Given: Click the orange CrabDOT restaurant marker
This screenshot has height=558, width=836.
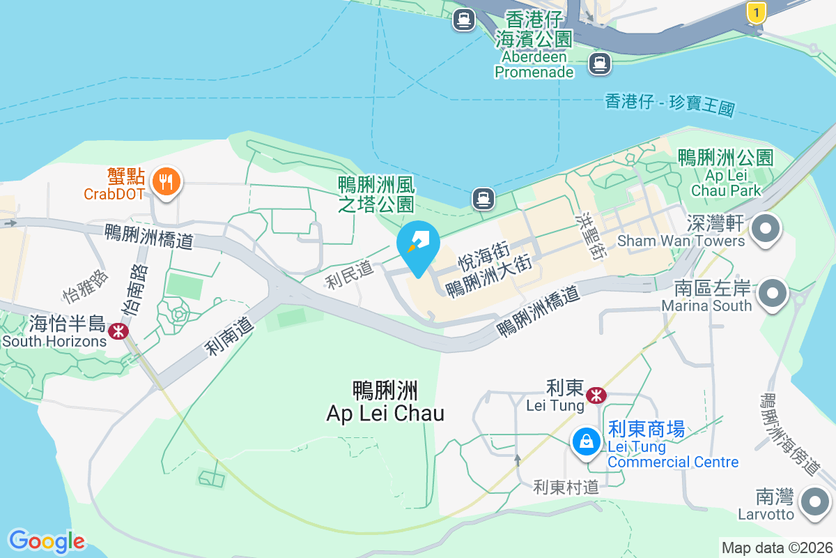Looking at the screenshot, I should tap(166, 182).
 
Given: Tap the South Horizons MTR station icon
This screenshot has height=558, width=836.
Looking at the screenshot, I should tap(118, 331).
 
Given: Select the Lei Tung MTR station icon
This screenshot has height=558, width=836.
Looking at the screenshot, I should tap(596, 395).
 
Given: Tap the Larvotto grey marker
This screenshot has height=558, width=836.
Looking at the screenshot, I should tap(814, 502).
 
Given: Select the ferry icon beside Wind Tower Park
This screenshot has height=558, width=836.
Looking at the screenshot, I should tap(483, 199).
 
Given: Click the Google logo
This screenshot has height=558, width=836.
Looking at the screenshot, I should tap(47, 541).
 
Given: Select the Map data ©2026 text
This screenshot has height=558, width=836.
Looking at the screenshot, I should tap(777, 548).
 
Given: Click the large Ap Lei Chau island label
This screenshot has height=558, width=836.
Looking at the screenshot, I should tap(385, 402).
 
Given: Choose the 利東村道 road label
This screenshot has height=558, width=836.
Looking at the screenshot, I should tap(566, 487).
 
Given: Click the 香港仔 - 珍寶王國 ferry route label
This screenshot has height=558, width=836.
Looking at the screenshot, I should tap(669, 105).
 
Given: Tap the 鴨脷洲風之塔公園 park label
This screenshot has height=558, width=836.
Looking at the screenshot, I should tap(376, 194).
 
